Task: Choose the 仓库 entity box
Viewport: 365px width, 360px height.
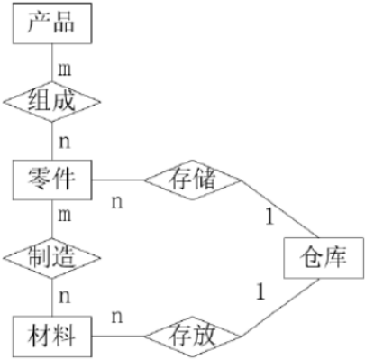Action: click(321, 259)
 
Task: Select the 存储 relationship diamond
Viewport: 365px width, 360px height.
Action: click(192, 178)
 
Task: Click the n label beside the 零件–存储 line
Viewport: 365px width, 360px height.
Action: click(116, 200)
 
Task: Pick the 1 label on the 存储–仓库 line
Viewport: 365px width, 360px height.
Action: click(268, 217)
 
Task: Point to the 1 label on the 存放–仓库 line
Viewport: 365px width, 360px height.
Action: click(261, 291)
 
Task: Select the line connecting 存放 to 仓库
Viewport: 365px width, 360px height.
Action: click(279, 311)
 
